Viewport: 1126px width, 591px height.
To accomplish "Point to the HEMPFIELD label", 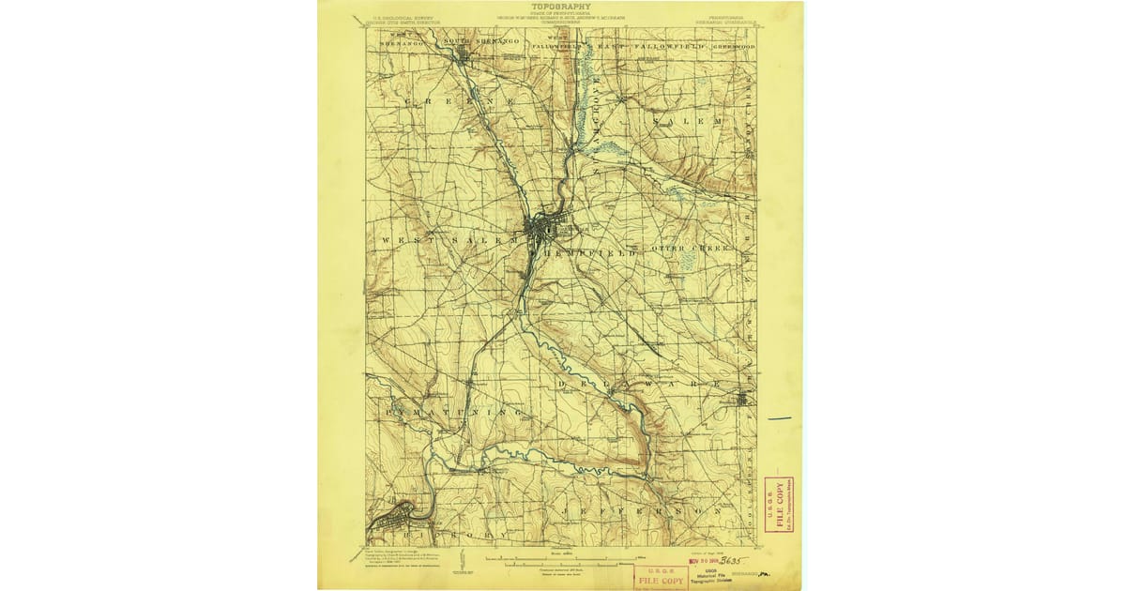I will click(587, 253).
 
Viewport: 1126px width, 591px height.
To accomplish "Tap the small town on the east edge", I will click(746, 399).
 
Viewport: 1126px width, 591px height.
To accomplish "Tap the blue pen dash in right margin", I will click(779, 418).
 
